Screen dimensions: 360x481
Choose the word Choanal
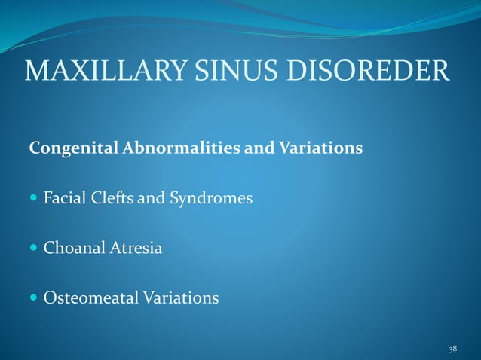(72, 248)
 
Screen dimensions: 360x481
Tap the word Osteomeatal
(89, 298)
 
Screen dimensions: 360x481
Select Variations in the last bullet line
(179, 298)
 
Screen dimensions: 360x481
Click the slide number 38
(452, 349)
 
